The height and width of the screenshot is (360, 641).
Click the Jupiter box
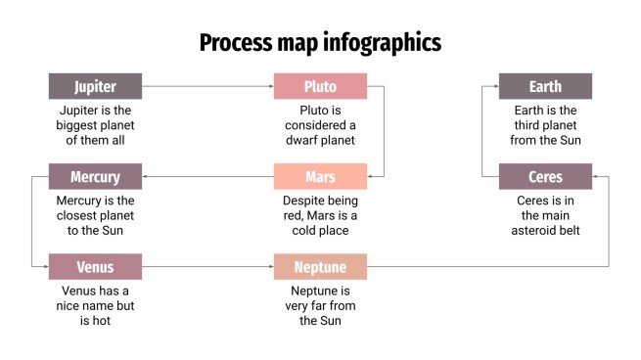coord(95,86)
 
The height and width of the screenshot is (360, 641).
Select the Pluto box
coord(320,86)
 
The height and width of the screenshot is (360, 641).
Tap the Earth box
coord(545,86)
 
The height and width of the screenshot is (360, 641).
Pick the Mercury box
coord(95,177)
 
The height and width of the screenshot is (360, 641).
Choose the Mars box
coord(320,177)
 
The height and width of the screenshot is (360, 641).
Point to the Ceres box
coord(545,177)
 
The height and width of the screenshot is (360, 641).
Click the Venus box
coord(95,267)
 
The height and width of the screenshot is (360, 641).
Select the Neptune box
coord(320,267)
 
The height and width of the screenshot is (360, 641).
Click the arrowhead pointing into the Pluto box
coord(271,86)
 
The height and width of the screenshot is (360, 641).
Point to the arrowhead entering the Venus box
coord(46,267)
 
